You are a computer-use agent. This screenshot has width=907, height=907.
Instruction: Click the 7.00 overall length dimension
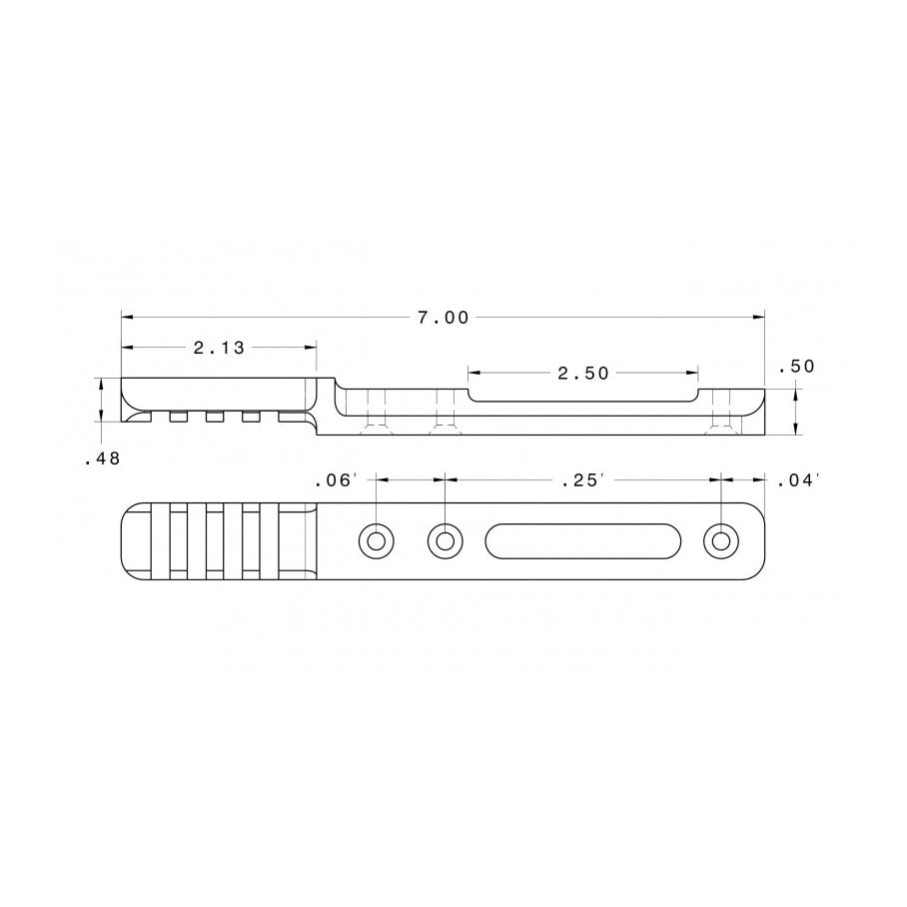coord(444,318)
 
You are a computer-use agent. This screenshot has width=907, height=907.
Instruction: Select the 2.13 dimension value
coord(219,348)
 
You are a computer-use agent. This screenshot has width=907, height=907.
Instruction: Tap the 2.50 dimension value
coord(583,374)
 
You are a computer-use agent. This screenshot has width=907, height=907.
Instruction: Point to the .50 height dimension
coord(796,367)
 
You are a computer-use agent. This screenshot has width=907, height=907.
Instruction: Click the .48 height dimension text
coord(102,458)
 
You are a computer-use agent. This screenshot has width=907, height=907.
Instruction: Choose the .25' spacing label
coord(583,480)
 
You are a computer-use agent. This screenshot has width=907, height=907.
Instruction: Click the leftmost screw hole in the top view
coord(376,541)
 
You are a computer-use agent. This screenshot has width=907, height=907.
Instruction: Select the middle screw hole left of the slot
coord(445,541)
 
